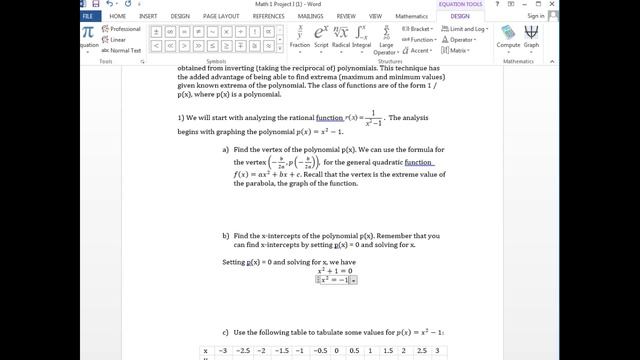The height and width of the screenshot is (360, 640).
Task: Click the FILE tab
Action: pyautogui.click(x=87, y=16)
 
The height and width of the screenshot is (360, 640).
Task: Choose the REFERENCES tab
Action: pyautogui.click(x=268, y=16)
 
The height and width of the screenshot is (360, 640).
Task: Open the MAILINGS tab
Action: pyautogui.click(x=312, y=16)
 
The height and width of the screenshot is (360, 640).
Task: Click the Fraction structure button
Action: pyautogui.click(x=300, y=39)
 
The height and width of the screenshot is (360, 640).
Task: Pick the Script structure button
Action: pyautogui.click(x=322, y=39)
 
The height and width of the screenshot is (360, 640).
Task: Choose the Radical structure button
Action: pyautogui.click(x=342, y=39)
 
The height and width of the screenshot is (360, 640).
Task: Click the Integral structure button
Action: pyautogui.click(x=362, y=39)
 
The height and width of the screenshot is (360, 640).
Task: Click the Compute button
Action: pyautogui.click(x=508, y=38)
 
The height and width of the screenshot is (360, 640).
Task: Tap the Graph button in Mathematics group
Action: pyautogui.click(x=531, y=38)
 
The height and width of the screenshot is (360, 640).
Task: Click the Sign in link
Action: pyautogui.click(x=563, y=16)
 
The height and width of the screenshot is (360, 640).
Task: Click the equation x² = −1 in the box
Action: pyautogui.click(x=336, y=280)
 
